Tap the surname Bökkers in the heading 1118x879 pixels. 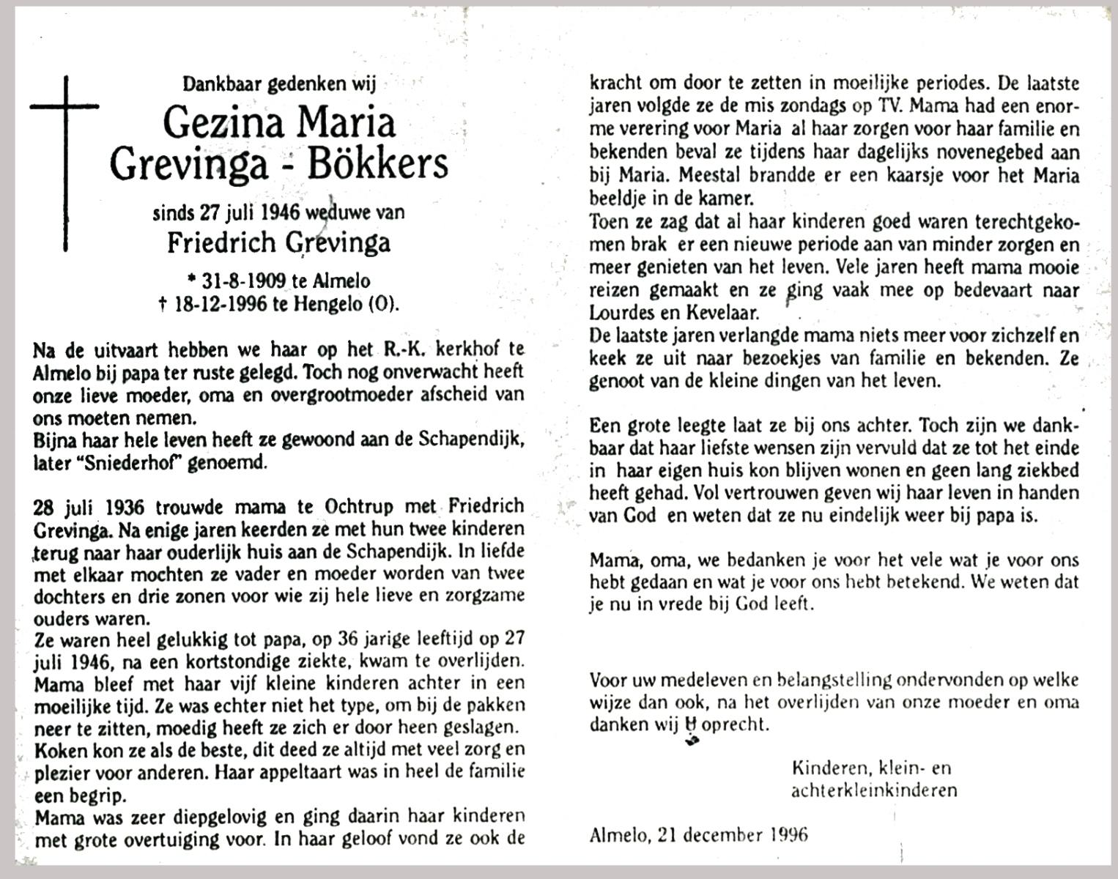378,164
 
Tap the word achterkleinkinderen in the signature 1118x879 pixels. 874,790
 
